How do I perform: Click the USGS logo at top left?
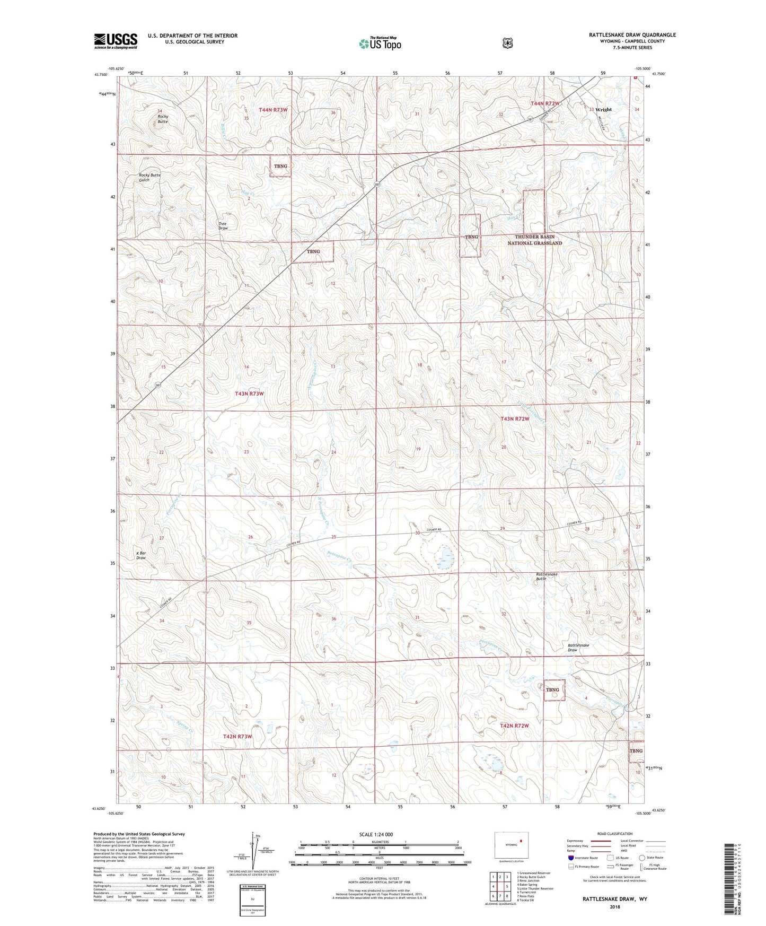point(116,41)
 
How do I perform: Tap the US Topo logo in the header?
point(380,43)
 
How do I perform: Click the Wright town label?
point(603,110)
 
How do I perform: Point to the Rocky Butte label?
point(163,119)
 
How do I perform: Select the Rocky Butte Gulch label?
point(149,177)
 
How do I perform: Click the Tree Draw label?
point(223,226)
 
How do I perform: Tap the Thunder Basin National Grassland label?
point(534,240)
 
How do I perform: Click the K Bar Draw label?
point(141,555)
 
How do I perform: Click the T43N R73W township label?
point(249,394)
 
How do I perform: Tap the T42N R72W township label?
point(514,726)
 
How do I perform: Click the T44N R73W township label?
point(273,110)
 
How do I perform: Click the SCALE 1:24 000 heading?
point(376,834)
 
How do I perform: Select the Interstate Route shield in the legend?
point(570,857)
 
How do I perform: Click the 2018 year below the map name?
point(614,907)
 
